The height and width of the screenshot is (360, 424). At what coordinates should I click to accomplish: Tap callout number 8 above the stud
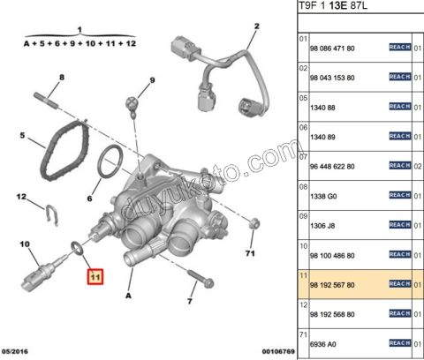coord(61,79)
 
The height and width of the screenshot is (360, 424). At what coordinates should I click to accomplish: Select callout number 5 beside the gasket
coord(23,137)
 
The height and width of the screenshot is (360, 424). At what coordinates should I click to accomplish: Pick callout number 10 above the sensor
coord(25,244)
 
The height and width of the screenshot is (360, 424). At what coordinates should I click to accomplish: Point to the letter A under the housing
coord(129,297)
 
